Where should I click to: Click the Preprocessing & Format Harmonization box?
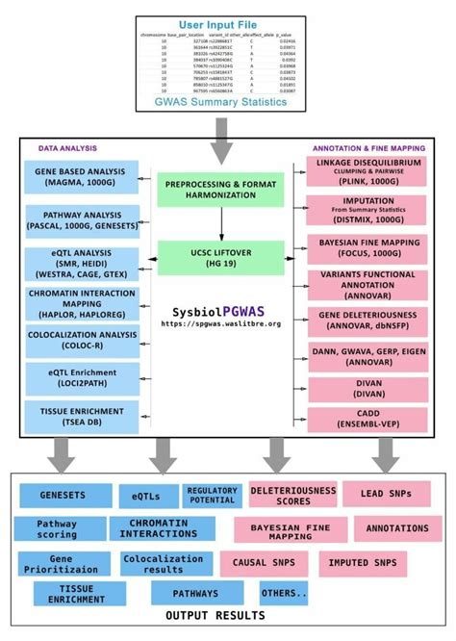click(x=222, y=190)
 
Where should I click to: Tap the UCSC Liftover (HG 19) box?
click(x=222, y=256)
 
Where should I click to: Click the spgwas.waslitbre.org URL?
click(x=222, y=324)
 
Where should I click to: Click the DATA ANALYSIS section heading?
click(x=67, y=149)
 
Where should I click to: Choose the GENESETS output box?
click(x=63, y=495)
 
